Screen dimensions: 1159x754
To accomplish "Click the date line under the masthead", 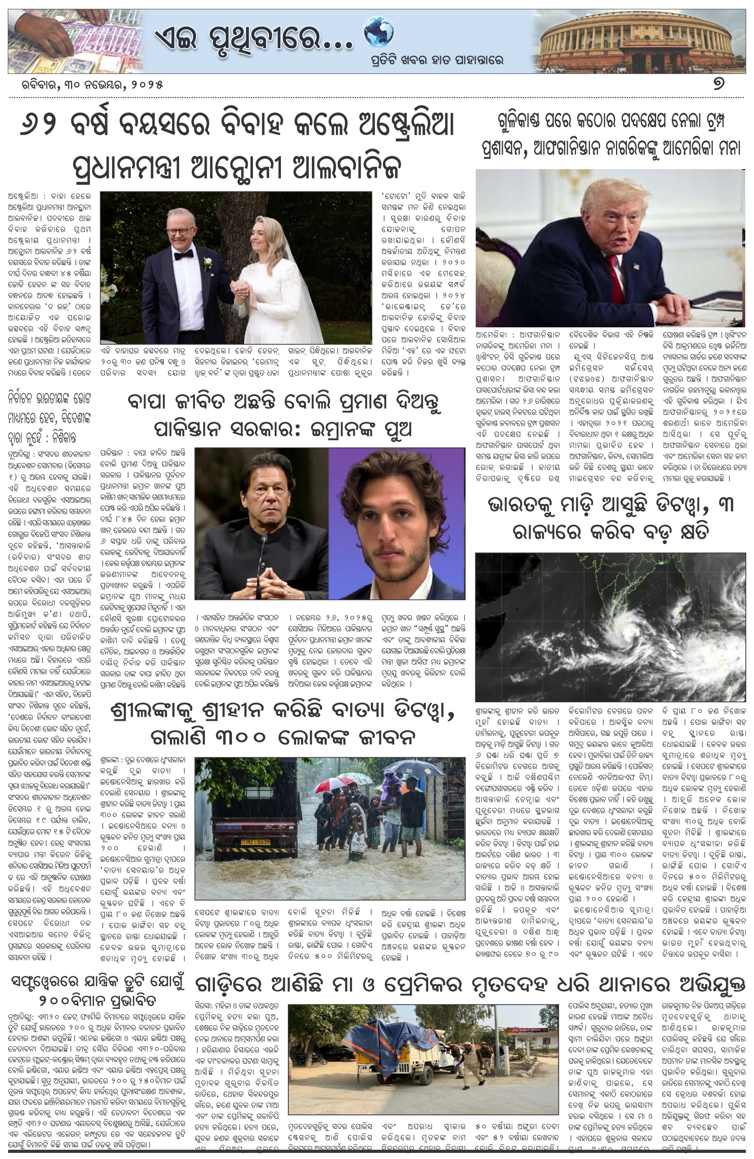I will (x=86, y=85).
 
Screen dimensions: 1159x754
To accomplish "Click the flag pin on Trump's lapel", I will (x=636, y=267).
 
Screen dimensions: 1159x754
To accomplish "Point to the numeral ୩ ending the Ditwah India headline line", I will (x=725, y=505).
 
